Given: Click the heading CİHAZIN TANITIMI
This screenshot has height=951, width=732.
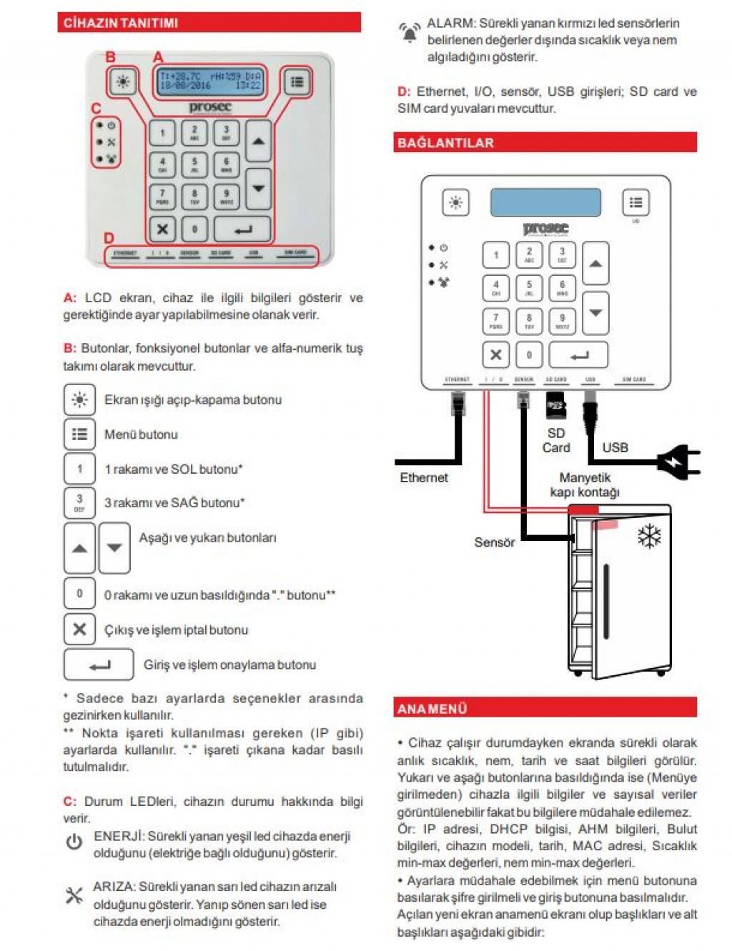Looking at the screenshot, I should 121,23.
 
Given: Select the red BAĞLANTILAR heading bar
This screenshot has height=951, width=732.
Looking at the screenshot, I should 545,142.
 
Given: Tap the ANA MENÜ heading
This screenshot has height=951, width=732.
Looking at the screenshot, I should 545,708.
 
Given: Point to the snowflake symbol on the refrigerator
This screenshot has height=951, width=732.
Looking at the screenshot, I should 649,536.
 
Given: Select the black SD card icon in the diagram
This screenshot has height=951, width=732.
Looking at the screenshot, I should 555,405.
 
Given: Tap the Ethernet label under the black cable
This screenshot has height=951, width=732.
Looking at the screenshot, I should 424,477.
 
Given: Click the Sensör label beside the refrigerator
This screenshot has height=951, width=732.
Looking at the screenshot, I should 494,542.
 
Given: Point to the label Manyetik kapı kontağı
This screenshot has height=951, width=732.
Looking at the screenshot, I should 584,484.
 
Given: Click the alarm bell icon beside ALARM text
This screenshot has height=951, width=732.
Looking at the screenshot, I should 409,32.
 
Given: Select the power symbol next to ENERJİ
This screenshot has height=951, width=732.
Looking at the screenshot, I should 74,842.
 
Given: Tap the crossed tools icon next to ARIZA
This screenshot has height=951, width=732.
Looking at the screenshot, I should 74,895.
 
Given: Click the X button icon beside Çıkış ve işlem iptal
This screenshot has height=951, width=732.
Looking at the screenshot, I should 79,629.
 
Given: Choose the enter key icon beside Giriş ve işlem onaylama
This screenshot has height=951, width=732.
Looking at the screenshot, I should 99,664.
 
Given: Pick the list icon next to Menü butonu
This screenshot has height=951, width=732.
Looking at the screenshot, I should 79,434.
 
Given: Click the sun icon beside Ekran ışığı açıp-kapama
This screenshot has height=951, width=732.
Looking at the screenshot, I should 79,399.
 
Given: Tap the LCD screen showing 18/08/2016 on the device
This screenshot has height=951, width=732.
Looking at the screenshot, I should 210,80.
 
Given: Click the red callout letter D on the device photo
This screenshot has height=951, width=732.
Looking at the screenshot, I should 109,238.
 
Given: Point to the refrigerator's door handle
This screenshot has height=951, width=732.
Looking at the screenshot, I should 606,601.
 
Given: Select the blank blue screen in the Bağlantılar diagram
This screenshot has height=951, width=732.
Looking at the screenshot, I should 545,202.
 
